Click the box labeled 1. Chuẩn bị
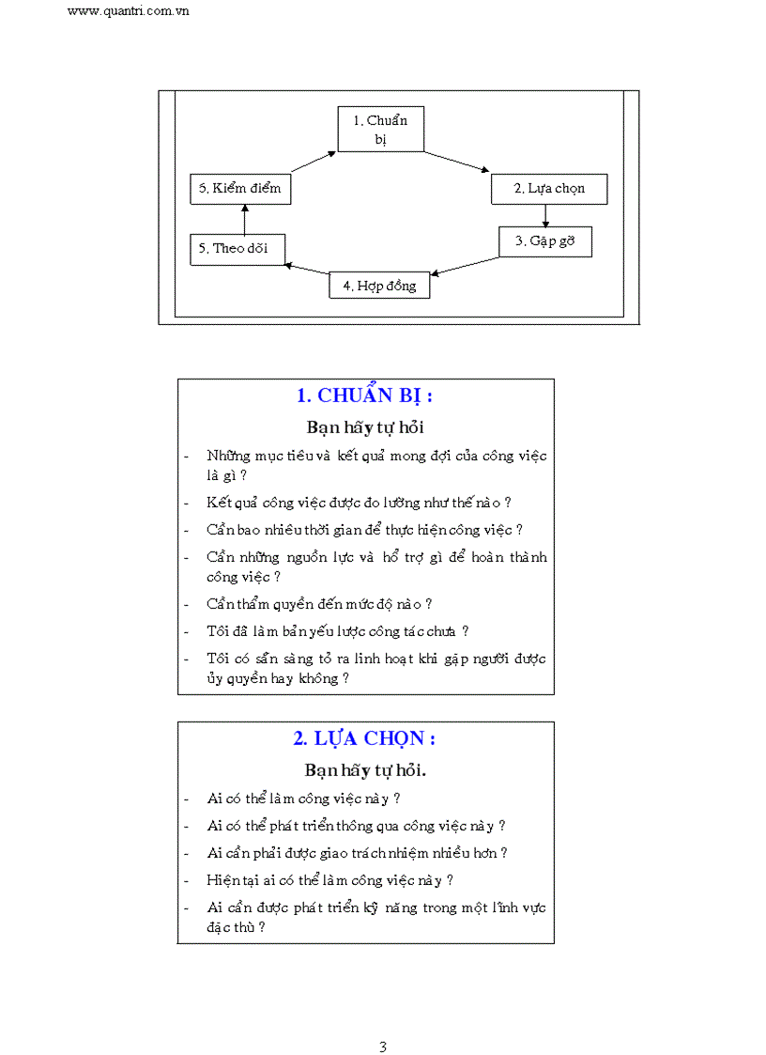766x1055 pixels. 380,130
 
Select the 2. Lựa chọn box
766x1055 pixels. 549,189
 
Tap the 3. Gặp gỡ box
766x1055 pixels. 544,241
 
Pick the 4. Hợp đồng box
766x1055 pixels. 379,285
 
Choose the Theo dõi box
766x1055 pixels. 237,249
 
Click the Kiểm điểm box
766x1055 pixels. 239,189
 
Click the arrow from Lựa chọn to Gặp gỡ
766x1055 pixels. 545,216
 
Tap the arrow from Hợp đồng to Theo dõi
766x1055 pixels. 307,271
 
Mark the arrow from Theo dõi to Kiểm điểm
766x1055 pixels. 243,219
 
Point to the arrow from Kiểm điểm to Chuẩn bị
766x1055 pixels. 314,163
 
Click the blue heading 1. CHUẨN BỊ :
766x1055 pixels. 364,396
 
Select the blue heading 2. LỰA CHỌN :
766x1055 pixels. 364,738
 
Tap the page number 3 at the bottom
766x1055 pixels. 383,1047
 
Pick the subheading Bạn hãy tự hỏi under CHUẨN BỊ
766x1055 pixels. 365,427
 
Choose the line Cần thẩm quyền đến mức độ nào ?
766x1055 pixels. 319,604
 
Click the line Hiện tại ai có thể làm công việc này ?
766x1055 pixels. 330,880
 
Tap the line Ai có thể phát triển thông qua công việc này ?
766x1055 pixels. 357,826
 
